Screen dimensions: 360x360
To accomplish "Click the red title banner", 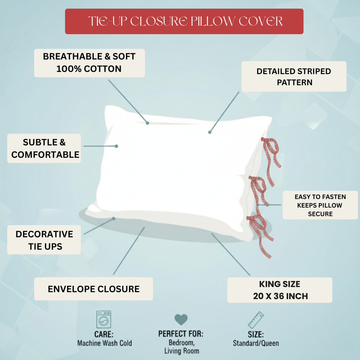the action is click(184, 21).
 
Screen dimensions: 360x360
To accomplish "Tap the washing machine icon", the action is click(103, 319).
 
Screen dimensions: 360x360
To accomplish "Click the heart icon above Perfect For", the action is click(181, 319).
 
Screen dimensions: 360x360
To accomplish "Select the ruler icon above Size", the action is click(256, 320).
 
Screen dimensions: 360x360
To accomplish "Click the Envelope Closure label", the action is click(93, 289).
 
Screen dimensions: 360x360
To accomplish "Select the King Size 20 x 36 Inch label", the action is click(280, 290).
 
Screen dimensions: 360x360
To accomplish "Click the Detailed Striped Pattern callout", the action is click(294, 76).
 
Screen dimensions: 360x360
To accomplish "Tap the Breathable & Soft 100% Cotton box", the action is click(89, 63).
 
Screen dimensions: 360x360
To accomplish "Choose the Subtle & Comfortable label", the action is click(44, 148).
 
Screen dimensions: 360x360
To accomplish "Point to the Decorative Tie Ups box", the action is click(44, 240).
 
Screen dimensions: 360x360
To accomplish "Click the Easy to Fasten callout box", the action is click(320, 205).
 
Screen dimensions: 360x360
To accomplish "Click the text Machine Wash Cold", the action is click(105, 343).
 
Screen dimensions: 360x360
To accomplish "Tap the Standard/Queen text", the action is click(256, 343).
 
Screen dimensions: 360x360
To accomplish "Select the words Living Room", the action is click(181, 351).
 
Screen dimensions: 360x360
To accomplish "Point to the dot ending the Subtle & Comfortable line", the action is click(116, 146).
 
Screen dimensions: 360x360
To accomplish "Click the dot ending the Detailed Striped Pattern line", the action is click(210, 132).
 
